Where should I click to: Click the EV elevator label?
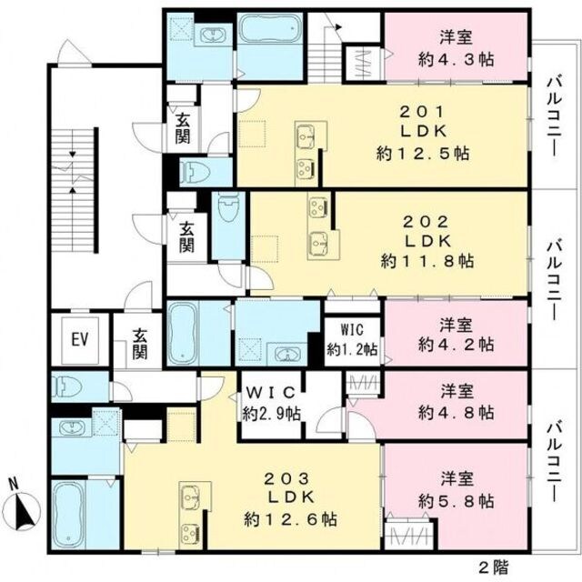tap(80, 339)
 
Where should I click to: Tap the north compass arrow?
tap(26, 510)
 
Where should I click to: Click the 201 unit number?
tap(422, 111)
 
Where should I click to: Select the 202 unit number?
tap(426, 222)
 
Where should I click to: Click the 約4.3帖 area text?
tap(457, 59)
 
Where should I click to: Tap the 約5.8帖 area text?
tap(457, 501)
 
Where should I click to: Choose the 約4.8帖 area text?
tap(457, 412)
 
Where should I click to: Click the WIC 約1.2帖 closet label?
tap(352, 339)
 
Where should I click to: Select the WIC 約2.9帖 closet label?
tap(271, 403)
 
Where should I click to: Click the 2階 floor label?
tap(494, 567)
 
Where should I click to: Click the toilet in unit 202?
tap(228, 208)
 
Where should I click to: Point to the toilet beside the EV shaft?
tap(66, 386)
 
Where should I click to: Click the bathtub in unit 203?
tap(69, 514)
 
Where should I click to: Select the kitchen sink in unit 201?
tap(306, 135)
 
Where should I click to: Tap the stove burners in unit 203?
tap(190, 533)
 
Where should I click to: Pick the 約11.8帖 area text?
tap(426, 261)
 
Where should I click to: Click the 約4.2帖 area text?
tap(457, 345)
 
